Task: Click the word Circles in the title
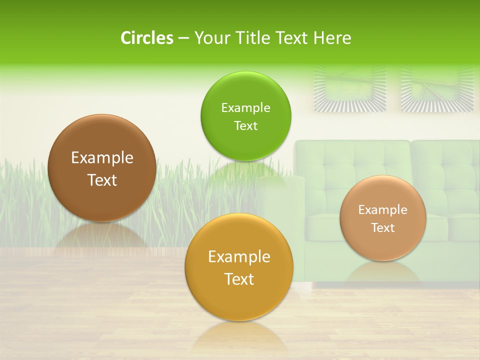[x=147, y=38]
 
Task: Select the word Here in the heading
[x=332, y=38]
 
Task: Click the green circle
[x=245, y=116]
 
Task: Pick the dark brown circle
[x=102, y=168]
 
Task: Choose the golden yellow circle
[x=239, y=267]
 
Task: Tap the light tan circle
[x=383, y=218]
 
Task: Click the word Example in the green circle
[x=245, y=108]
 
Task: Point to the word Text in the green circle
[x=245, y=125]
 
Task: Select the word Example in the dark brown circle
[x=102, y=158]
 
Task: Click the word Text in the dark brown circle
[x=102, y=180]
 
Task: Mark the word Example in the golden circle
[x=239, y=257]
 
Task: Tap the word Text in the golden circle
[x=239, y=279]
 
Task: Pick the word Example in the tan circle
[x=383, y=210]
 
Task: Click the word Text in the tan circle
[x=383, y=228]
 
